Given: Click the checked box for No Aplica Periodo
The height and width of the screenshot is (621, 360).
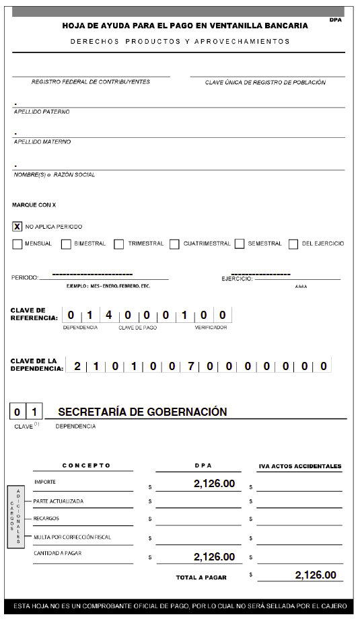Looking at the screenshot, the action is coord(17,226).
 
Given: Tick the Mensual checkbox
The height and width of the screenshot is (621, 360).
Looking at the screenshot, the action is coord(17,244).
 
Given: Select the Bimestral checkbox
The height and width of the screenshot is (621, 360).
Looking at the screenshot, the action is coord(66,244).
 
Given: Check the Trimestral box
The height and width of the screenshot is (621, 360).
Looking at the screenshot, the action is coord(119,244).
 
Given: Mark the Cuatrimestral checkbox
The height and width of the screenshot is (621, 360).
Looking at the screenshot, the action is coord(174,244).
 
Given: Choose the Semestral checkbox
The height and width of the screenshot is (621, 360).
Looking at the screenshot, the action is coord(240,244).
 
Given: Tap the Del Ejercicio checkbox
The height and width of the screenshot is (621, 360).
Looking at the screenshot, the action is coord(293,244).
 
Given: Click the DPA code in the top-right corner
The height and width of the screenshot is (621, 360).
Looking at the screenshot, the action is coord(336,20).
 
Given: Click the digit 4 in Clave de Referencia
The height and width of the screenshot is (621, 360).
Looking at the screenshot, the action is coord(109,314).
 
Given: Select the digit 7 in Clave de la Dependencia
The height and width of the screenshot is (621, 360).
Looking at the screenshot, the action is coord(191,366).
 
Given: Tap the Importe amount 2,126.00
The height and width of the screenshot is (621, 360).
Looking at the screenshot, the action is coord(214,483).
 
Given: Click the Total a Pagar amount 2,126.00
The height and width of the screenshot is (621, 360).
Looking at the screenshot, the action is coord(315,575).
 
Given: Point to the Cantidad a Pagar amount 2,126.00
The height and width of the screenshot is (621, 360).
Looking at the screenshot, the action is coord(214,556).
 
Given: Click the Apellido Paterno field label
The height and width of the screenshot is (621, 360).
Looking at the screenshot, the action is coord(42,112).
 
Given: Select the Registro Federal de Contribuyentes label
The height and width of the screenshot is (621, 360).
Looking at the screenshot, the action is coord(91,82).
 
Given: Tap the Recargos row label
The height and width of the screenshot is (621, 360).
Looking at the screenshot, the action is coord(46,519).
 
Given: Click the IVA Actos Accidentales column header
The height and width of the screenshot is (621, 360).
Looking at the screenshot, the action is coord(300,466).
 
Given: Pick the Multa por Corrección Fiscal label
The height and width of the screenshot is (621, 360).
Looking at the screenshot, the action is coord(72,537).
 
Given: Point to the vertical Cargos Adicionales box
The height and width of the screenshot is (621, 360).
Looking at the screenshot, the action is coord(15,517).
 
